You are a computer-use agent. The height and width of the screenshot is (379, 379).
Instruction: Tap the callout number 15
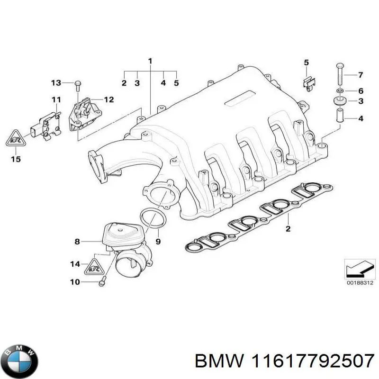(16, 159)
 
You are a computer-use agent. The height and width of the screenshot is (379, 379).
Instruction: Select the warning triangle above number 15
(16, 138)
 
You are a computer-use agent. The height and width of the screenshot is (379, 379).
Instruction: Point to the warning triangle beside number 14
(94, 267)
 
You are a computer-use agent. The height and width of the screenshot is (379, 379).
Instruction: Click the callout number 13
(56, 83)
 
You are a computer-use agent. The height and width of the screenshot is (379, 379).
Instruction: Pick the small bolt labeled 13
(78, 86)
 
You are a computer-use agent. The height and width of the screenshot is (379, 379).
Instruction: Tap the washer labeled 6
(340, 91)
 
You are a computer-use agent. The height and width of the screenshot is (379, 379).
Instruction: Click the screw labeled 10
(102, 281)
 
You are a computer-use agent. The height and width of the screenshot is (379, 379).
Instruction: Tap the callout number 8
(77, 241)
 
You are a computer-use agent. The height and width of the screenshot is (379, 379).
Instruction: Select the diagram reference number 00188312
(360, 282)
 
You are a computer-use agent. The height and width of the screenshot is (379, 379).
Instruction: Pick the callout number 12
(109, 99)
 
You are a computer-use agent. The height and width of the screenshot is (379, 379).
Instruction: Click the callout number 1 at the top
(150, 61)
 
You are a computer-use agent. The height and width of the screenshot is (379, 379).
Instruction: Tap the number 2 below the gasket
(288, 228)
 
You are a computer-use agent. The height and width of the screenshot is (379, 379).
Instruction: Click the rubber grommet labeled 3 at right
(340, 101)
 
